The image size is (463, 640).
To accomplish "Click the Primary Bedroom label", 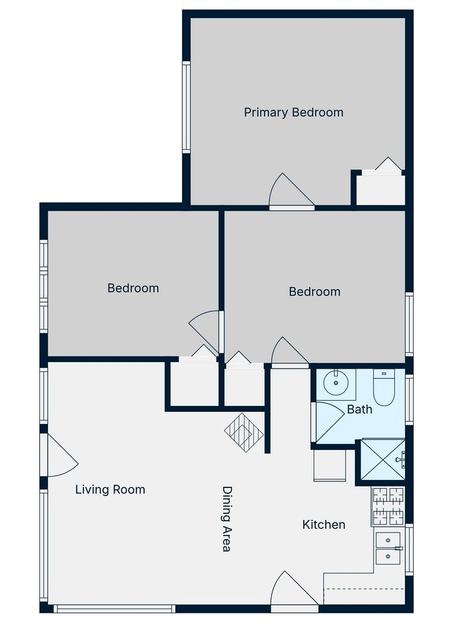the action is pos(293,112).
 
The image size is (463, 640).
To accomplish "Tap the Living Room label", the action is pos(110,489).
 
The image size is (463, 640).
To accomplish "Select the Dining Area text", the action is pos(227,519).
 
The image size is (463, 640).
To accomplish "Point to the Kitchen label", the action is pos(324,525).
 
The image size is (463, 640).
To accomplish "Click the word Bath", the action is pos(359,409).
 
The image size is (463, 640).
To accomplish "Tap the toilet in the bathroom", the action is pos(383,387).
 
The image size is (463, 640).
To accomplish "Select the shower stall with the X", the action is pos(383,459).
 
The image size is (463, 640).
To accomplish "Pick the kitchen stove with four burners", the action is pos(388,506).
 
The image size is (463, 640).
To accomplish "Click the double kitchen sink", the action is pos(388,548).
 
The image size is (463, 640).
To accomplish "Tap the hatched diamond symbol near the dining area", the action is pos(244,433).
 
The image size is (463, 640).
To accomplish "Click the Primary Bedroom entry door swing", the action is pos(291,191).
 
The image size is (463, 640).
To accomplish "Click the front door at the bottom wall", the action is pos(294,591).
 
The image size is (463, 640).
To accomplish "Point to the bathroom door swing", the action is pos(328,423).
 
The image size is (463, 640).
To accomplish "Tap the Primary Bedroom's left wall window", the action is pos(186,107).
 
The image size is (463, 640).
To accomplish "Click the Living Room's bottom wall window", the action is pos(114,609).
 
